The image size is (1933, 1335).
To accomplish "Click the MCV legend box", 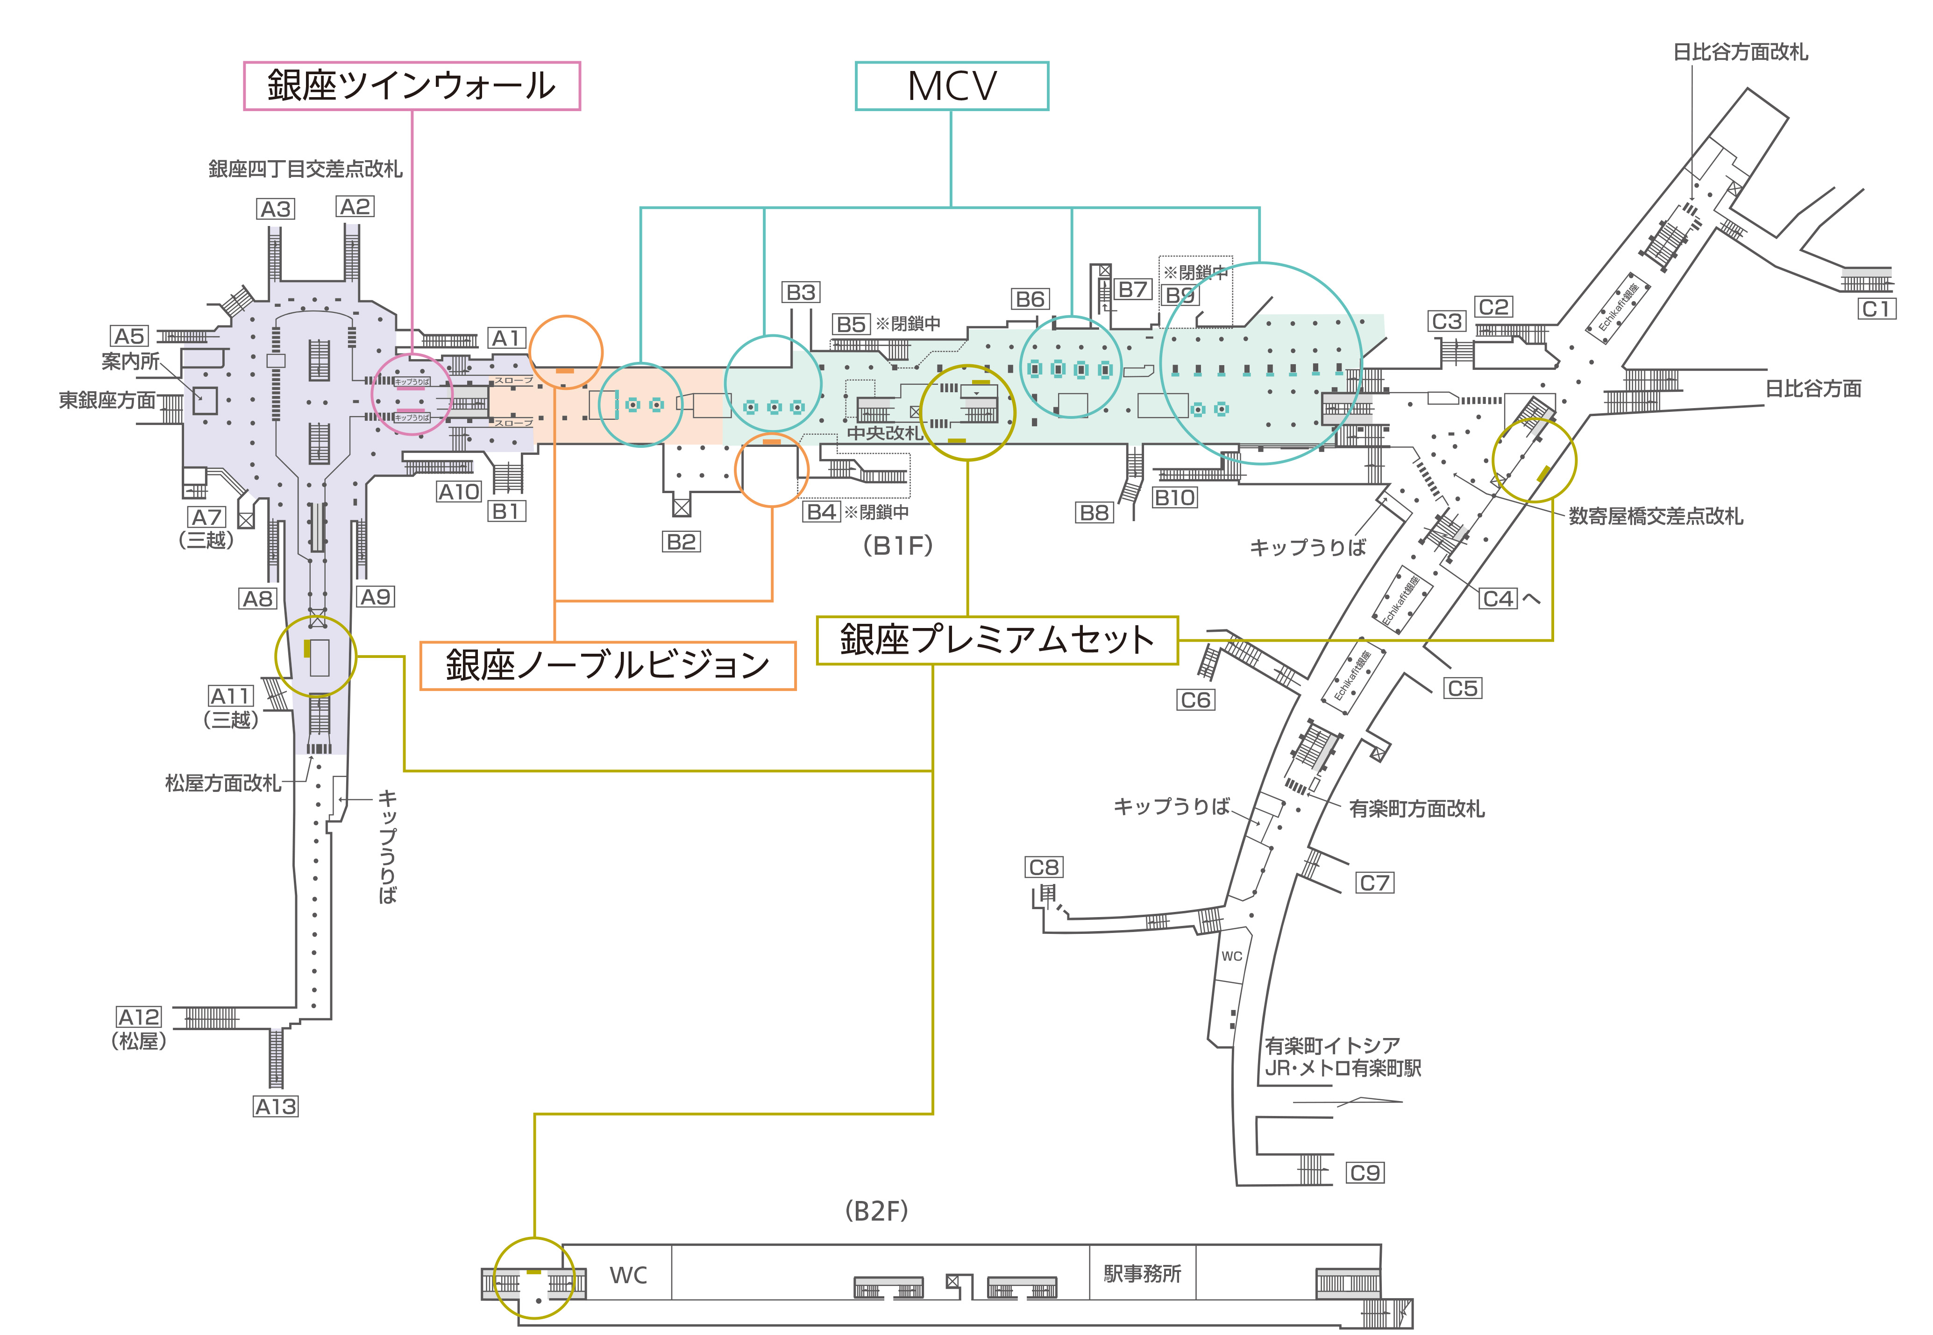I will [x=952, y=86].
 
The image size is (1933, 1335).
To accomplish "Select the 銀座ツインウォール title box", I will [x=411, y=86].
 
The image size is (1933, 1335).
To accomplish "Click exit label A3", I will [x=275, y=209].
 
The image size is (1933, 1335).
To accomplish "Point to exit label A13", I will [x=275, y=1107].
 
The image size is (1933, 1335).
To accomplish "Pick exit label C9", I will [x=1365, y=1173].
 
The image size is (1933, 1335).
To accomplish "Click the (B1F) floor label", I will [x=897, y=545].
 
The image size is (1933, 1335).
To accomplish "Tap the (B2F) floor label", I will [x=876, y=1210].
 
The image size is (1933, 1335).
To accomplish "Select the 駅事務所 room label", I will [x=1142, y=1274].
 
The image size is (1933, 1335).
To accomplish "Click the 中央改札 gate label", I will [x=884, y=433].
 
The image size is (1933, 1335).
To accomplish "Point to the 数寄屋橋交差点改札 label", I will [x=1655, y=516].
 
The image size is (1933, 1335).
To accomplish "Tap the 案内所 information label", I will [x=130, y=361].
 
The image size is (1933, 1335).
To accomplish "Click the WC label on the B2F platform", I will [x=628, y=1276].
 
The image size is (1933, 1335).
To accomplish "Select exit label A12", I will [x=138, y=1017].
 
